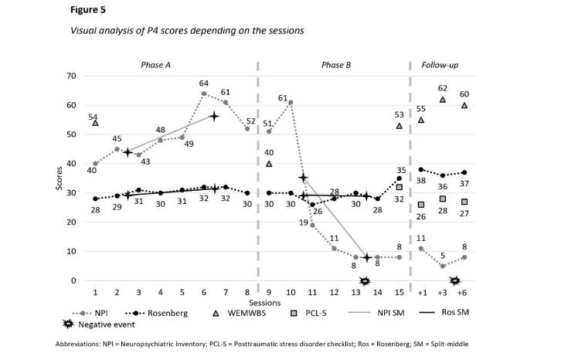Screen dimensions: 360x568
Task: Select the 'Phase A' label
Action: [155, 65]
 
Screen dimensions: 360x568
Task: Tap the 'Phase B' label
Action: [336, 65]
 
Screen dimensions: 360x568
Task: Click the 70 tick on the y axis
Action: [71, 76]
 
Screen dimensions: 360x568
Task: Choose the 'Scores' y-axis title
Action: [60, 178]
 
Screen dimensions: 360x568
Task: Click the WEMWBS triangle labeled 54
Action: [95, 123]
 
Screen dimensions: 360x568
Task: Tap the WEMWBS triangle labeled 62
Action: [443, 100]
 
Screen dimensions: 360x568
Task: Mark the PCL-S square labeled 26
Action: [421, 205]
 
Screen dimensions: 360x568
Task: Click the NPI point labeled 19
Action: [312, 225]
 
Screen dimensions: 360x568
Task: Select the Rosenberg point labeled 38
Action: [421, 169]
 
